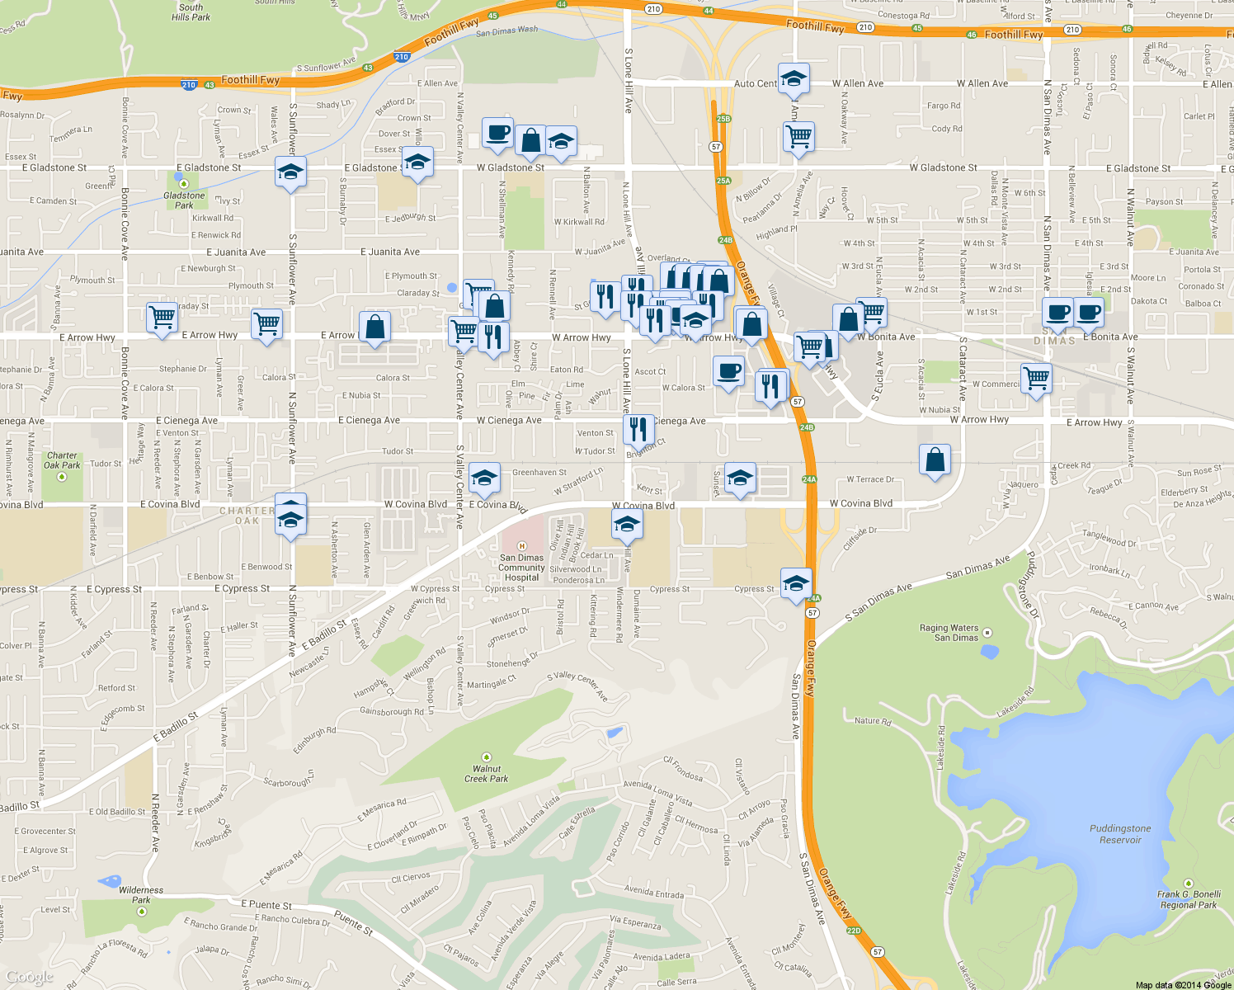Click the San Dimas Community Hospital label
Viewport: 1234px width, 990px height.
pos(521,567)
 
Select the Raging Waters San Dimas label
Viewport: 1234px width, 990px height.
pos(949,633)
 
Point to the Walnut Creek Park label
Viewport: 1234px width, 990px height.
pos(487,773)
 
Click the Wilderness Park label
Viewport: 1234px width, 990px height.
pos(141,894)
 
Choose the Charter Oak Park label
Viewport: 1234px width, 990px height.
pos(63,460)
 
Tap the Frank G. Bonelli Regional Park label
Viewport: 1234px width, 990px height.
pos(1189,899)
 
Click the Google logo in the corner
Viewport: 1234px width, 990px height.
pos(29,977)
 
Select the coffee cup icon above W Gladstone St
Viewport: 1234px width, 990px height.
pos(497,132)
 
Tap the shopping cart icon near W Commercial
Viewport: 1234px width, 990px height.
pos(1036,378)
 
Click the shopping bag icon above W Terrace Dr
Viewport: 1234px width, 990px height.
pos(935,459)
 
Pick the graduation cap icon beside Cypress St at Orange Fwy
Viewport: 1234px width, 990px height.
pos(795,582)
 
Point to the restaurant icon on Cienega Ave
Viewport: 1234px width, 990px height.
pos(638,429)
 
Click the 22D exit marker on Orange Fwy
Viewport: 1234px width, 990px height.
pos(853,931)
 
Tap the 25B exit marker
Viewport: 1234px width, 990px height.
pos(723,119)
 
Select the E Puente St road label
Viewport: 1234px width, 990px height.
pos(266,905)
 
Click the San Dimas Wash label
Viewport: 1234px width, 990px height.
pos(506,31)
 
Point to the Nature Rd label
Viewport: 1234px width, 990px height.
pos(873,721)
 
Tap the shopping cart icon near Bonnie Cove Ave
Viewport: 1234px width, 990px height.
pos(162,316)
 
